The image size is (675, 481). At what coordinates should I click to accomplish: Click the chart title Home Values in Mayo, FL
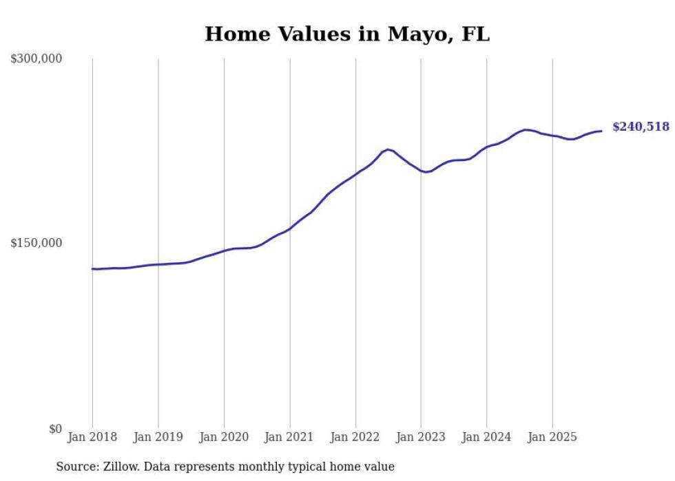[x=347, y=34]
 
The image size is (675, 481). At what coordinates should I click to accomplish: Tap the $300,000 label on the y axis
[x=37, y=58]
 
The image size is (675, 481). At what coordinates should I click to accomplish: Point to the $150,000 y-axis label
[x=37, y=243]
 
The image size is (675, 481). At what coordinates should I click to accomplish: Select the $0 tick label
[x=55, y=429]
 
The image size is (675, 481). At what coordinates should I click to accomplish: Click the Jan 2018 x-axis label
[x=92, y=437]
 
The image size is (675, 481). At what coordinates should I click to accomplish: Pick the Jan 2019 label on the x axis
[x=158, y=437]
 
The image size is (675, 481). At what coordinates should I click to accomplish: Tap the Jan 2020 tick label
[x=224, y=437]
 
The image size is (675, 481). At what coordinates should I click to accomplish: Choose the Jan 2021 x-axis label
[x=290, y=437]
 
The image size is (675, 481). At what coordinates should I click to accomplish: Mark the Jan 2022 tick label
[x=355, y=437]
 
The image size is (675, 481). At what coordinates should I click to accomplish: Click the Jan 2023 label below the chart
[x=421, y=437]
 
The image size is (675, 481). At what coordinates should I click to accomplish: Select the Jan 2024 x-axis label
[x=487, y=437]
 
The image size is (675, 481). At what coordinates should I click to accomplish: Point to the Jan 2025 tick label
[x=552, y=437]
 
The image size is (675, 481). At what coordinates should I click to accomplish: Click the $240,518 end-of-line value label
[x=641, y=127]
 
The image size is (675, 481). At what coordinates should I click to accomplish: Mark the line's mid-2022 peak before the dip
[x=388, y=149]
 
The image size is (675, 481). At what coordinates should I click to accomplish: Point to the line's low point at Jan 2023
[x=426, y=172]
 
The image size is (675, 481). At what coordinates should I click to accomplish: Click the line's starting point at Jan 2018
[x=92, y=268]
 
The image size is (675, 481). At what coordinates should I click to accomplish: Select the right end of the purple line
[x=601, y=131]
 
